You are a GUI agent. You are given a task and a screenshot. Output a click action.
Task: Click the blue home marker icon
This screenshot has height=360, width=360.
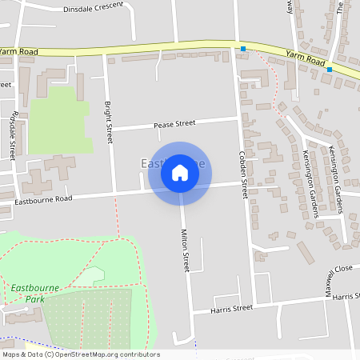coord(180,173)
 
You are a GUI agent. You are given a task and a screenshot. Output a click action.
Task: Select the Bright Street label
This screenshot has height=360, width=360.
coord(109,122)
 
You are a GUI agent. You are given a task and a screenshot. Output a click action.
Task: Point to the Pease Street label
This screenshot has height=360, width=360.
coord(174,124)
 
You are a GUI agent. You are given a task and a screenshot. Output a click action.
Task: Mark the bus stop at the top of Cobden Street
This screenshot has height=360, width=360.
coord(243,50)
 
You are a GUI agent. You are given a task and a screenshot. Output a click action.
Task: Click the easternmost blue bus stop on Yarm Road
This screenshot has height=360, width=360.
coord(330,70)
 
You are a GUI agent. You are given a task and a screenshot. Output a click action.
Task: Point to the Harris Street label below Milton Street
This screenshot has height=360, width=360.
coord(231,308)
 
